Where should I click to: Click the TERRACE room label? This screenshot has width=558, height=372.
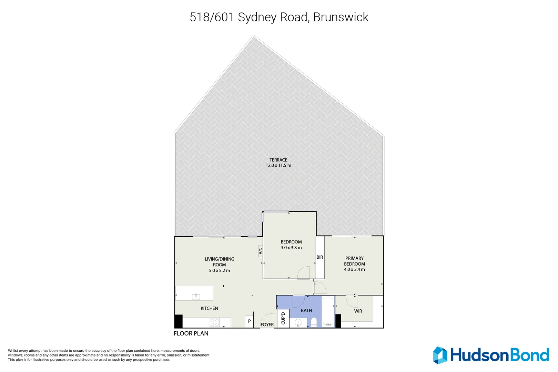[278, 160]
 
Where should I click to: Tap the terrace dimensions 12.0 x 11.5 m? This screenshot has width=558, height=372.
[278, 166]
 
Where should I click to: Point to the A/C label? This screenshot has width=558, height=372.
[260, 251]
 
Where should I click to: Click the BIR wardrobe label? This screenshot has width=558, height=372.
[320, 257]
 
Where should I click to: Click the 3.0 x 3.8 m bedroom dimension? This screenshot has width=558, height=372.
[291, 248]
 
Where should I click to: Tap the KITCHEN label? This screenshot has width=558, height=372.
[209, 308]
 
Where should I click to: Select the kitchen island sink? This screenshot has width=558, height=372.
[196, 297]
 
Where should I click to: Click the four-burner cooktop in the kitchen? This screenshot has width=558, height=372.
[215, 322]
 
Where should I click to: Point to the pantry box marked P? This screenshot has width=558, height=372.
[249, 321]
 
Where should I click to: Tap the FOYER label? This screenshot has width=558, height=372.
[267, 325]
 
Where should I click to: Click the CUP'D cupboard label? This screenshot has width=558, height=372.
[283, 318]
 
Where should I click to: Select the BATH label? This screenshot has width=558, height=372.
[306, 311]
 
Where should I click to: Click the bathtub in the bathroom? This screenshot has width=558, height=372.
[328, 312]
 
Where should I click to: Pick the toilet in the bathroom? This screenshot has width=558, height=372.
[314, 322]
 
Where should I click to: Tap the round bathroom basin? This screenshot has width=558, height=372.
[298, 323]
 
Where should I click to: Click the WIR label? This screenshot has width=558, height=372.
[358, 311]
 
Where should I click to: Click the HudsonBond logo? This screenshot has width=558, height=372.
[491, 355]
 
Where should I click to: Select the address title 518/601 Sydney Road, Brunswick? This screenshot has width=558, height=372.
[279, 17]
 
